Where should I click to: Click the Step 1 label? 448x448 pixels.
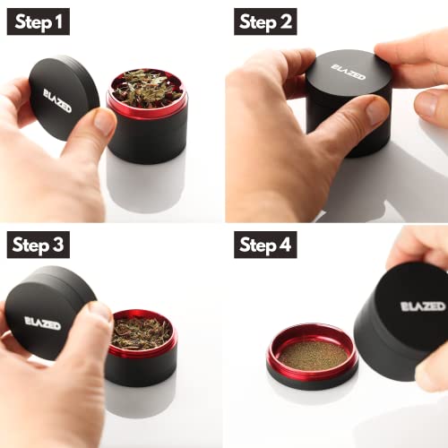pyautogui.click(x=39, y=22)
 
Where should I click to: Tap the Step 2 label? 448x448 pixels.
pyautogui.click(x=265, y=22)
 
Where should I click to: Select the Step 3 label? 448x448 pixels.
pyautogui.click(x=39, y=245)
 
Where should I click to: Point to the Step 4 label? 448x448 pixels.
pyautogui.click(x=265, y=245)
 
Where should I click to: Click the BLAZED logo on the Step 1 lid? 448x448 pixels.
pyautogui.click(x=57, y=101)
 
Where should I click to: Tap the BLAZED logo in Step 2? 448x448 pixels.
pyautogui.click(x=348, y=72)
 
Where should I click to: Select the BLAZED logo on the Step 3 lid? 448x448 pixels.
pyautogui.click(x=42, y=323)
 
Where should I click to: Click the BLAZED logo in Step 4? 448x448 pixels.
pyautogui.click(x=423, y=306)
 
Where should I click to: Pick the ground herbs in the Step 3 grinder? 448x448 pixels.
pyautogui.click(x=142, y=332)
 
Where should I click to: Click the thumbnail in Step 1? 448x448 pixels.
pyautogui.click(x=103, y=122)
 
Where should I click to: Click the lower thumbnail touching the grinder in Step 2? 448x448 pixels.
pyautogui.click(x=377, y=110)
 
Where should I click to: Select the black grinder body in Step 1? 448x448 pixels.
pyautogui.click(x=147, y=138)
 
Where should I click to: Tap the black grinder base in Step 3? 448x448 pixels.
pyautogui.click(x=141, y=368)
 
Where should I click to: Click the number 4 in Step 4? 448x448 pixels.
pyautogui.click(x=285, y=244)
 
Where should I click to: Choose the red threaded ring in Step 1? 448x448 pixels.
pyautogui.click(x=147, y=109)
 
